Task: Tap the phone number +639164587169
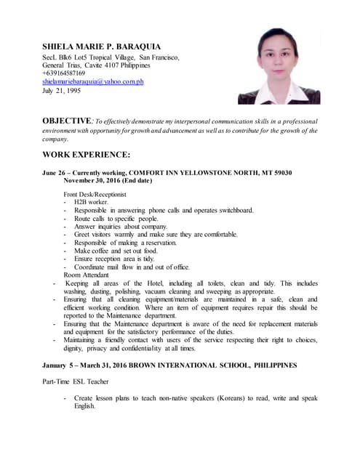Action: tap(63, 73)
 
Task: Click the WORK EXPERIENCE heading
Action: tap(86, 155)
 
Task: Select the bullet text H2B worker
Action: tap(91, 202)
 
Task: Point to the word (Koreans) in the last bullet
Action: tap(233, 397)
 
